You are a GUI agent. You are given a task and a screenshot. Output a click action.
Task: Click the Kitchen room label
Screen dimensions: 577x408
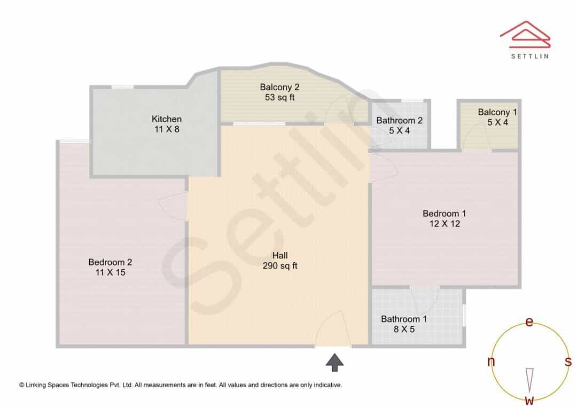pyautogui.click(x=166, y=119)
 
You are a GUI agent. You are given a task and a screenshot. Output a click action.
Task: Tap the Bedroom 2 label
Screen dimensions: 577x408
pyautogui.click(x=110, y=262)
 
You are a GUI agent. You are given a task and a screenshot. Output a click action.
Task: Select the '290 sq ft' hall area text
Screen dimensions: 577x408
pyautogui.click(x=280, y=265)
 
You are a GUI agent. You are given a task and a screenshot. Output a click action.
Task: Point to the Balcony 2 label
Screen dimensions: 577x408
pyautogui.click(x=279, y=87)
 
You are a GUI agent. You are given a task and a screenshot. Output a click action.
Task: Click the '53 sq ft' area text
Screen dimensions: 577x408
pyautogui.click(x=279, y=98)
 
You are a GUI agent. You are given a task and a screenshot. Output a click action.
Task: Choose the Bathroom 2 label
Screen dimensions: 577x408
pyautogui.click(x=399, y=121)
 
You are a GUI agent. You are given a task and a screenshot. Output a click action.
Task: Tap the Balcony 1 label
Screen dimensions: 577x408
pyautogui.click(x=497, y=112)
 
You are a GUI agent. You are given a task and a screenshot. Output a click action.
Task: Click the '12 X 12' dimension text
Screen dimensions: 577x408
pyautogui.click(x=445, y=224)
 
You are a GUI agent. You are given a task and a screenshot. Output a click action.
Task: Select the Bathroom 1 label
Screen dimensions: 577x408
pyautogui.click(x=404, y=319)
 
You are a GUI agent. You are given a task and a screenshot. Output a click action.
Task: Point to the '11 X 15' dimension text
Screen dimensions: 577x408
pyautogui.click(x=111, y=272)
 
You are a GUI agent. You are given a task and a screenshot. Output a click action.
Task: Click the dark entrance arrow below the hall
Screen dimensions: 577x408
pyautogui.click(x=334, y=363)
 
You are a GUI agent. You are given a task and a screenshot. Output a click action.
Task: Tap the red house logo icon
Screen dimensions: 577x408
pyautogui.click(x=525, y=34)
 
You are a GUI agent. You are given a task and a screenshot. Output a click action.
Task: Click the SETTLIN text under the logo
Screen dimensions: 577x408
pyautogui.click(x=530, y=56)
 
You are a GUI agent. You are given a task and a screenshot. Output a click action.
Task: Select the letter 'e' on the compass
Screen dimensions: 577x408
pyautogui.click(x=529, y=322)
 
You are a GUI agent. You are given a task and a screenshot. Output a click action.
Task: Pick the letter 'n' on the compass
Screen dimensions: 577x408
pyautogui.click(x=491, y=362)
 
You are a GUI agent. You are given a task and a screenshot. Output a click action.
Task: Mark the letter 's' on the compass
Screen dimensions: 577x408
pyautogui.click(x=568, y=362)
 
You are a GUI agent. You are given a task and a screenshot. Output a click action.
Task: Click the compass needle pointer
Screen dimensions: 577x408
pyautogui.click(x=529, y=380)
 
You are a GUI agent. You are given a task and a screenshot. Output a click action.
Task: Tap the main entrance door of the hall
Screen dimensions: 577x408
pyautogui.click(x=333, y=328)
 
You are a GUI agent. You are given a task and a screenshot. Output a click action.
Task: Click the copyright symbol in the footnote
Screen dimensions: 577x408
pyautogui.click(x=22, y=385)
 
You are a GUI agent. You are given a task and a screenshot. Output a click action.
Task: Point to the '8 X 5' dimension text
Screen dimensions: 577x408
pyautogui.click(x=404, y=329)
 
